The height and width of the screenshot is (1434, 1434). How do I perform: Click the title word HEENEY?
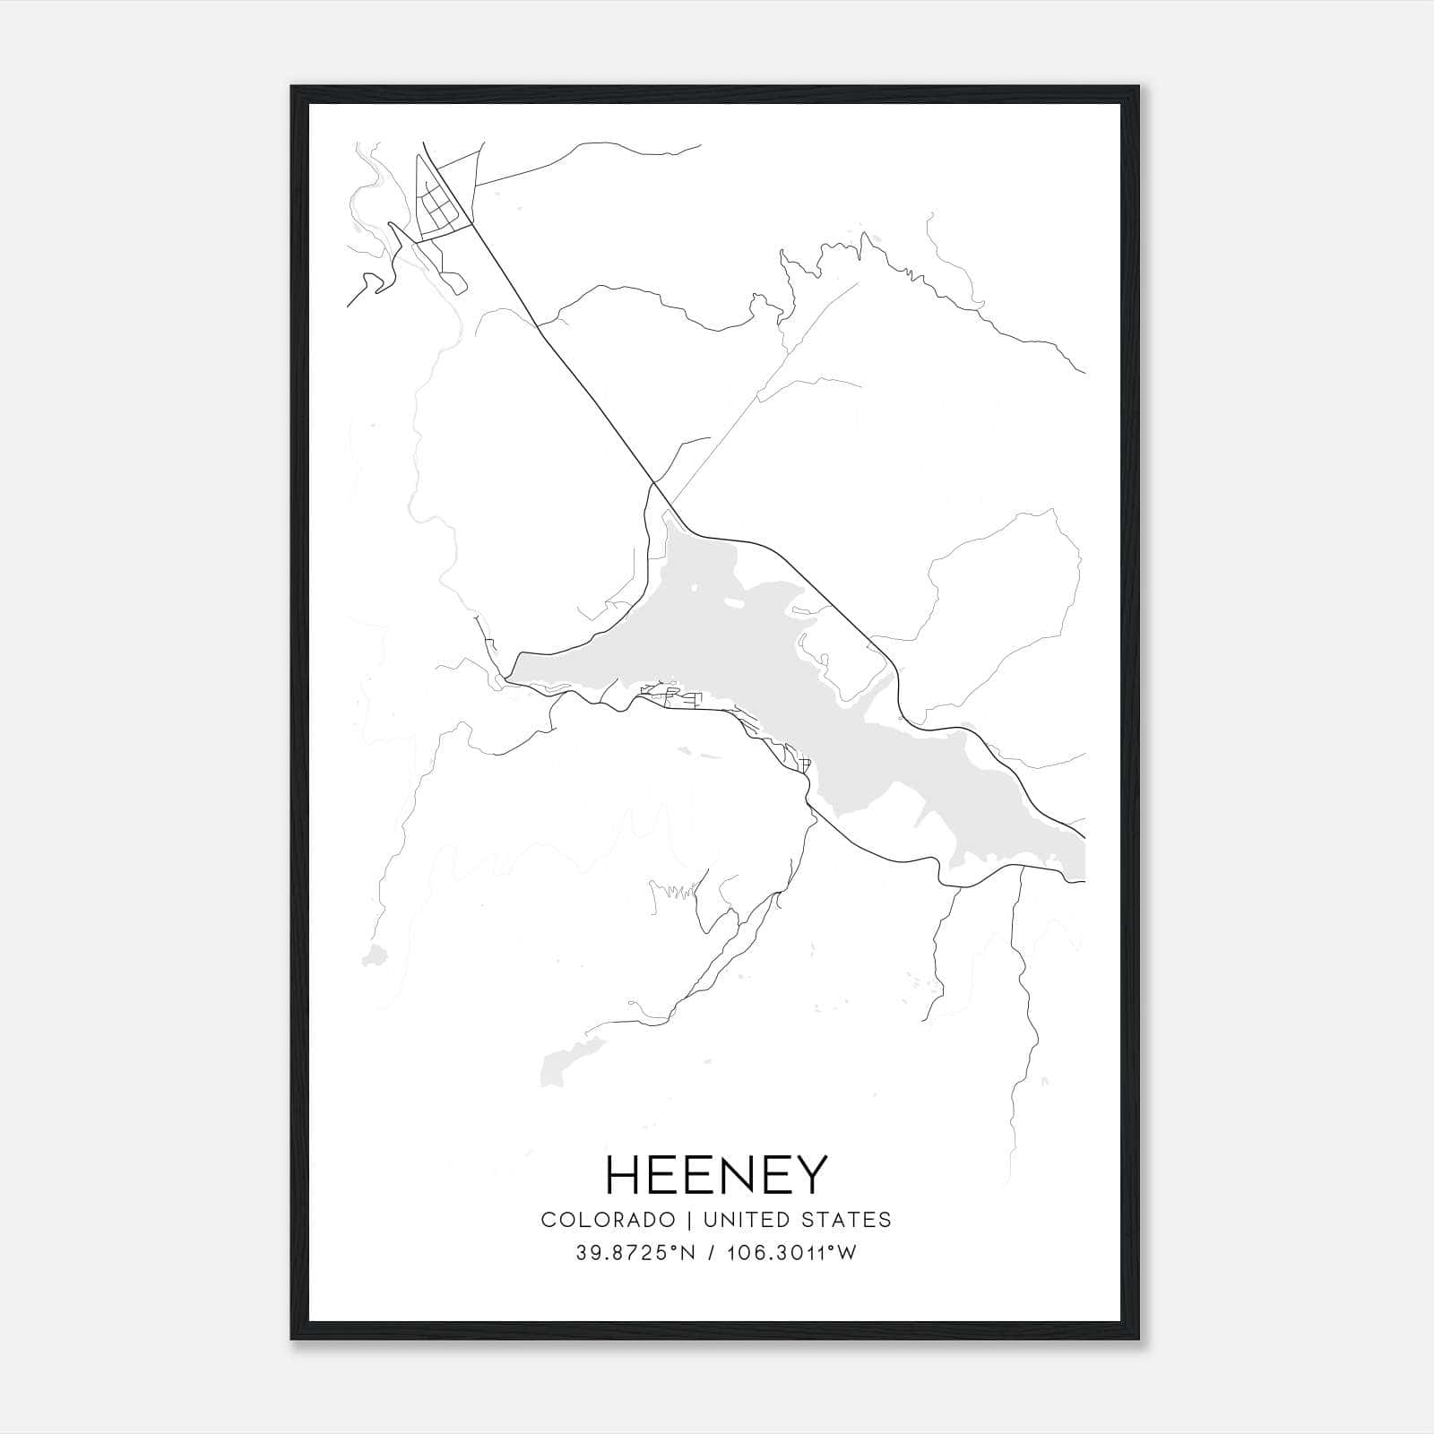pos(716,1175)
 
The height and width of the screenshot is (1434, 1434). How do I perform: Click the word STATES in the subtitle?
pos(848,1220)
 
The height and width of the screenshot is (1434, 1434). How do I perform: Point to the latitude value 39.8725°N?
pos(636,1253)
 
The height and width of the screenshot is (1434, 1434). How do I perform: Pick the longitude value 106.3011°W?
pos(793,1253)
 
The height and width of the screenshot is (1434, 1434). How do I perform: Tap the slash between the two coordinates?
pos(711,1253)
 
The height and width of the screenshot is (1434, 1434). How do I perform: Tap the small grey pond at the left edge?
pos(374,956)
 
